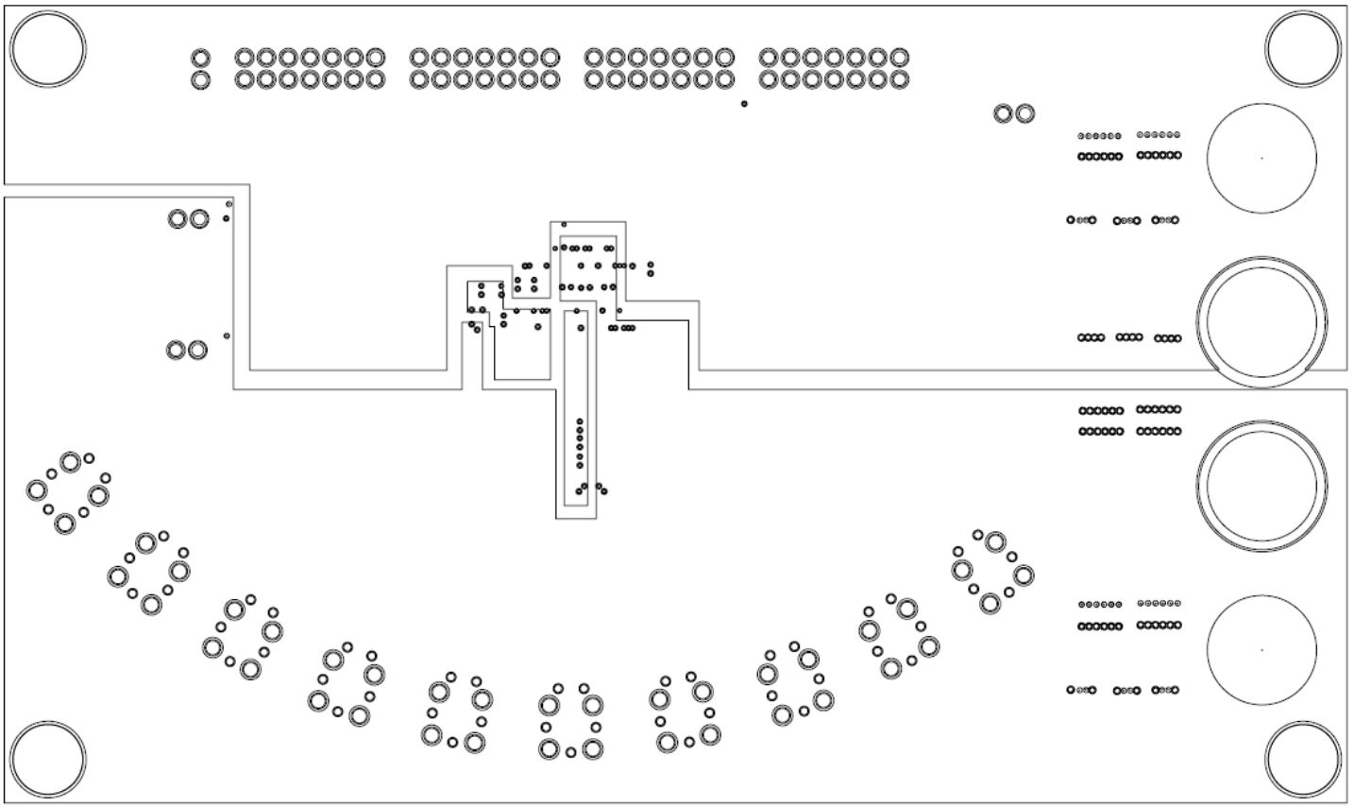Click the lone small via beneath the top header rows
pyautogui.click(x=744, y=103)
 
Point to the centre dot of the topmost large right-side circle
pyautogui.click(x=1262, y=158)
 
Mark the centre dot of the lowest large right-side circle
pyautogui.click(x=1262, y=650)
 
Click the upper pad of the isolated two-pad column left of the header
pyautogui.click(x=200, y=58)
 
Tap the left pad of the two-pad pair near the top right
pyautogui.click(x=1003, y=114)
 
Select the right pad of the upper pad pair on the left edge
pyautogui.click(x=198, y=219)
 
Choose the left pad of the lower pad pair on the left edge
pyautogui.click(x=176, y=351)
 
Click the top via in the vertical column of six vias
pyautogui.click(x=580, y=421)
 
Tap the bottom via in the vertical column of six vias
pyautogui.click(x=580, y=465)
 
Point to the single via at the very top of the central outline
pyautogui.click(x=565, y=225)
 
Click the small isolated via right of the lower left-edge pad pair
pyautogui.click(x=227, y=336)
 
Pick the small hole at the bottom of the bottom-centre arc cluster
pyautogui.click(x=570, y=753)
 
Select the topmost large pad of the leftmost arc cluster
pyautogui.click(x=71, y=462)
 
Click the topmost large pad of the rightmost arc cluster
pyautogui.click(x=995, y=541)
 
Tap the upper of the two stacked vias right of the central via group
pyautogui.click(x=651, y=265)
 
